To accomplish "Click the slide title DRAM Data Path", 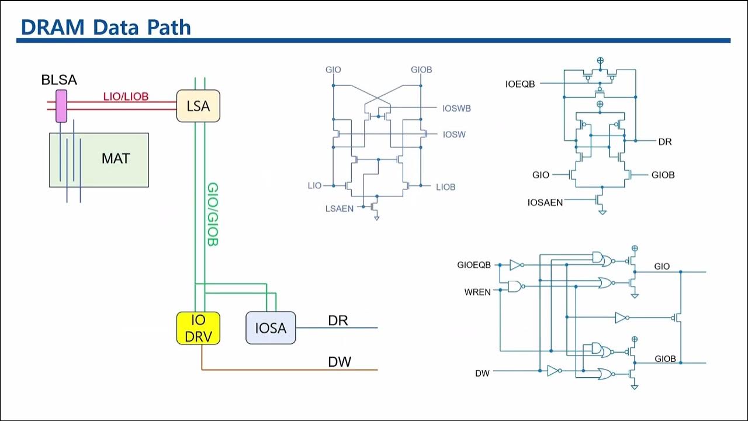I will point(106,26).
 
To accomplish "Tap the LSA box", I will point(198,106).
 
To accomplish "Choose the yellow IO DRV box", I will point(198,328).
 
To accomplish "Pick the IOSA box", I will point(271,328).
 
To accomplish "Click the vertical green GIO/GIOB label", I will point(213,214).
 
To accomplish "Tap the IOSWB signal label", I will point(456,108).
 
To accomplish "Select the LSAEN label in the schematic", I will point(340,208).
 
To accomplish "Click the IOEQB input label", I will point(520,84).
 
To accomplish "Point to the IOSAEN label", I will point(545,202).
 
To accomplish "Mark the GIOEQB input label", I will point(474,265).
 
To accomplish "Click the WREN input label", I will point(477,292).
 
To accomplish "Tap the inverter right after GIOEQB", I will point(516,265).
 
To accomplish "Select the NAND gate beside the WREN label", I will point(515,287).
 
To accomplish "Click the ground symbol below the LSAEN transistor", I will point(377,218).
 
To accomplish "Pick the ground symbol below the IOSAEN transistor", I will point(602,212).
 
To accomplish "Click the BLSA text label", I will point(59,80).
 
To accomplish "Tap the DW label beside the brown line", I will point(340,362).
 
